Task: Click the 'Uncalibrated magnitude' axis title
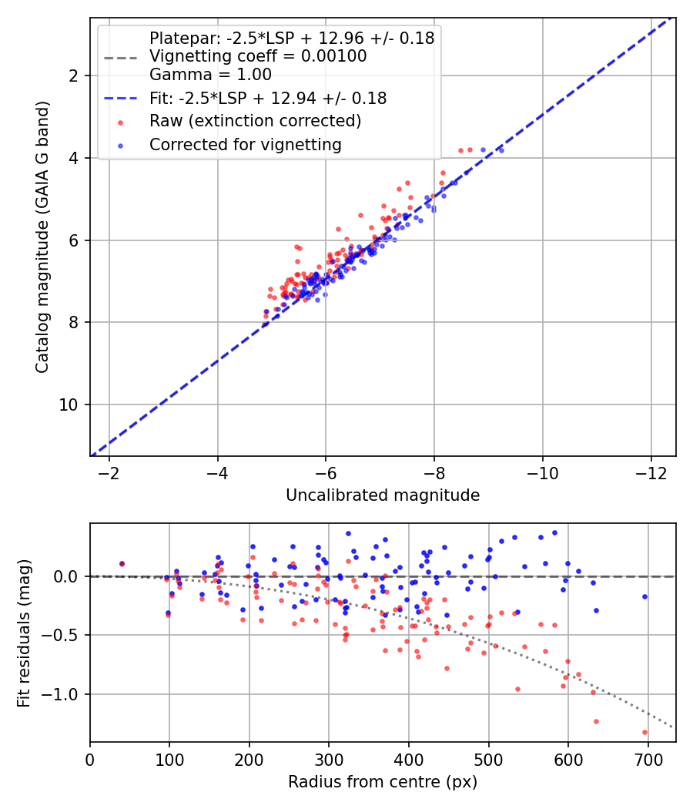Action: click(383, 495)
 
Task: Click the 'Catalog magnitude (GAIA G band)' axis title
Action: click(42, 237)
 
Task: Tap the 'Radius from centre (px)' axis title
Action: click(383, 782)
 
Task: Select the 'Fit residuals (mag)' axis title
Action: click(24, 633)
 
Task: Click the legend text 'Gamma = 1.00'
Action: click(210, 75)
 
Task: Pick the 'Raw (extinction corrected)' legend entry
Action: click(255, 121)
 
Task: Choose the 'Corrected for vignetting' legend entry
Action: click(246, 145)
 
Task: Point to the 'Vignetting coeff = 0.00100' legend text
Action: click(258, 56)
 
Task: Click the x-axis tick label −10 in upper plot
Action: click(542, 472)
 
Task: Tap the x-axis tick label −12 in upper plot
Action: click(651, 472)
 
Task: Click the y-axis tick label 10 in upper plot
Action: click(68, 404)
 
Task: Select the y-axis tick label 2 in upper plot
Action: click(73, 76)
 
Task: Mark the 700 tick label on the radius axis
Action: click(648, 760)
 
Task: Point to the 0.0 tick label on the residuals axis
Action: click(65, 576)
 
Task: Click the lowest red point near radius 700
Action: click(644, 732)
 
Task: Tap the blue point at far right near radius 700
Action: click(644, 597)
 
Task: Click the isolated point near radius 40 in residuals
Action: click(122, 564)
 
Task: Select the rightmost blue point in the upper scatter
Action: click(501, 150)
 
